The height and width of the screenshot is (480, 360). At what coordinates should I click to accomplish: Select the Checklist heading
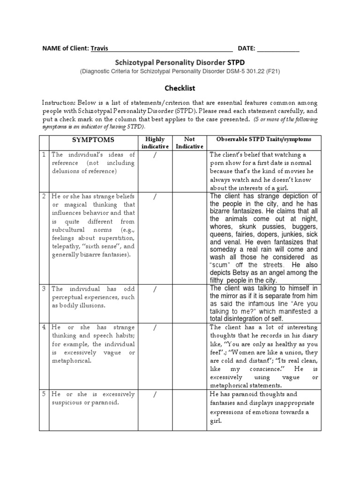click(x=180, y=88)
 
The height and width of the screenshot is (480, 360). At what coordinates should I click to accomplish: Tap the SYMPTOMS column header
click(x=93, y=140)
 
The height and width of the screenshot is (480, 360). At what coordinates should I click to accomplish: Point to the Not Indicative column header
click(x=189, y=143)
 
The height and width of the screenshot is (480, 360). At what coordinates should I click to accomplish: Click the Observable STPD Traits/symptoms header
click(x=264, y=140)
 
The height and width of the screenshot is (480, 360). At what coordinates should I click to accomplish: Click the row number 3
click(x=44, y=289)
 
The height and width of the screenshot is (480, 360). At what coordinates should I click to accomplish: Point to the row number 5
click(x=44, y=394)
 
